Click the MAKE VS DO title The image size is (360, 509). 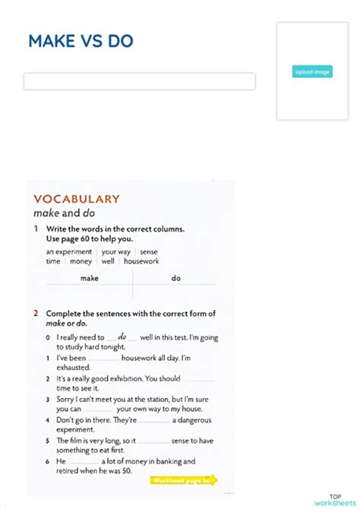pyautogui.click(x=81, y=41)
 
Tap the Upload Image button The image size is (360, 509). pyautogui.click(x=312, y=71)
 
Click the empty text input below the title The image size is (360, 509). pyautogui.click(x=139, y=81)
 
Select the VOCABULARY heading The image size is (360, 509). pyautogui.click(x=76, y=199)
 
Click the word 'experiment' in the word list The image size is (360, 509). pyautogui.click(x=73, y=251)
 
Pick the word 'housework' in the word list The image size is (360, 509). pyautogui.click(x=141, y=261)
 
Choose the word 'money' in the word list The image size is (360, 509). pyautogui.click(x=81, y=261)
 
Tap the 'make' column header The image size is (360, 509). pyautogui.click(x=90, y=278)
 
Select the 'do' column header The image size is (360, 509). pyautogui.click(x=176, y=278)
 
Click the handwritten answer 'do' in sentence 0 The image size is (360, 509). pyautogui.click(x=122, y=336)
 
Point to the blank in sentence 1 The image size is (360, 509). pyautogui.click(x=103, y=358)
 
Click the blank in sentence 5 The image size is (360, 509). pyautogui.click(x=153, y=441)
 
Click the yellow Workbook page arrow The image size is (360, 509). pyautogui.click(x=184, y=480)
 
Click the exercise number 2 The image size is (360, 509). pyautogui.click(x=36, y=313)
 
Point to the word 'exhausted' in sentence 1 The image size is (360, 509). pyautogui.click(x=74, y=368)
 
